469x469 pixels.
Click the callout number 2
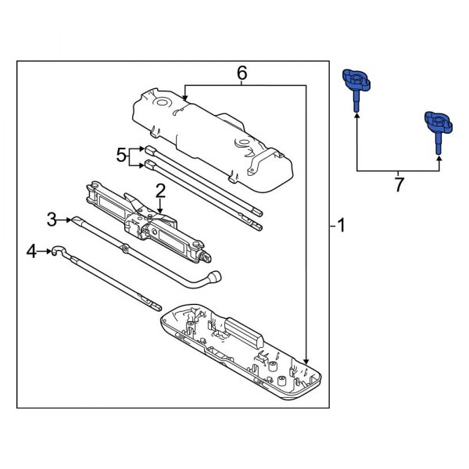[x=159, y=190]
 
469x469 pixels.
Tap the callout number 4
[x=31, y=251]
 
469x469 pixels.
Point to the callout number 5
[x=120, y=156]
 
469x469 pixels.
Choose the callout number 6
[x=242, y=73]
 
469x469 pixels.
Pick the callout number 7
[x=398, y=186]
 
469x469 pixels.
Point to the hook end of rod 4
[x=58, y=251]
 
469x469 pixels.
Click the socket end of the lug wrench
[x=213, y=277]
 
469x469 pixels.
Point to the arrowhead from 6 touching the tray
[x=306, y=359]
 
